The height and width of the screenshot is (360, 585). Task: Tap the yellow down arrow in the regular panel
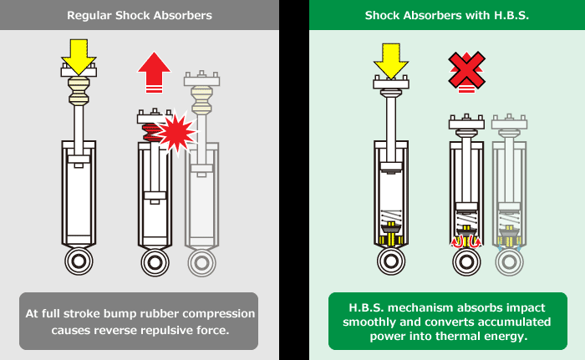point(79,54)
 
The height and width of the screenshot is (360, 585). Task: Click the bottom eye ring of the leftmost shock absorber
point(79,261)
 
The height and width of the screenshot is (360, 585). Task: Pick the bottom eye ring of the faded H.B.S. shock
point(509,261)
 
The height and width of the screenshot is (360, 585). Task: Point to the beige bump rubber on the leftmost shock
point(79,92)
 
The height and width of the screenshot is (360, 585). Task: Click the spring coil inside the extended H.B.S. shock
point(390,213)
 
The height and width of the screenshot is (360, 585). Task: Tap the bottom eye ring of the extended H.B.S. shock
point(390,261)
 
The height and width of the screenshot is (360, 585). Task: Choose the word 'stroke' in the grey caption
point(88,314)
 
